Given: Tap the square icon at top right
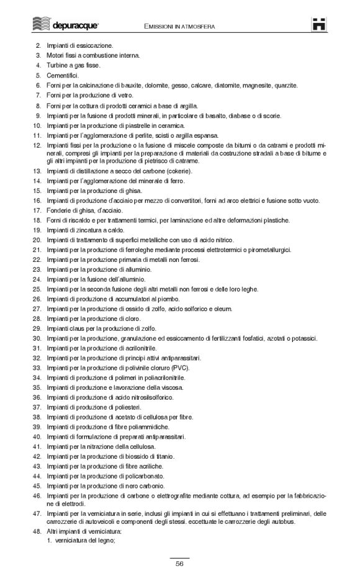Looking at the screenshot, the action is click(319, 25).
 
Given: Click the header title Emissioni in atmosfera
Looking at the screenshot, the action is click(180, 27).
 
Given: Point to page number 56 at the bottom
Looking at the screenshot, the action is click(179, 564).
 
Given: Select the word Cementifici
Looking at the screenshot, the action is click(63, 74).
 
